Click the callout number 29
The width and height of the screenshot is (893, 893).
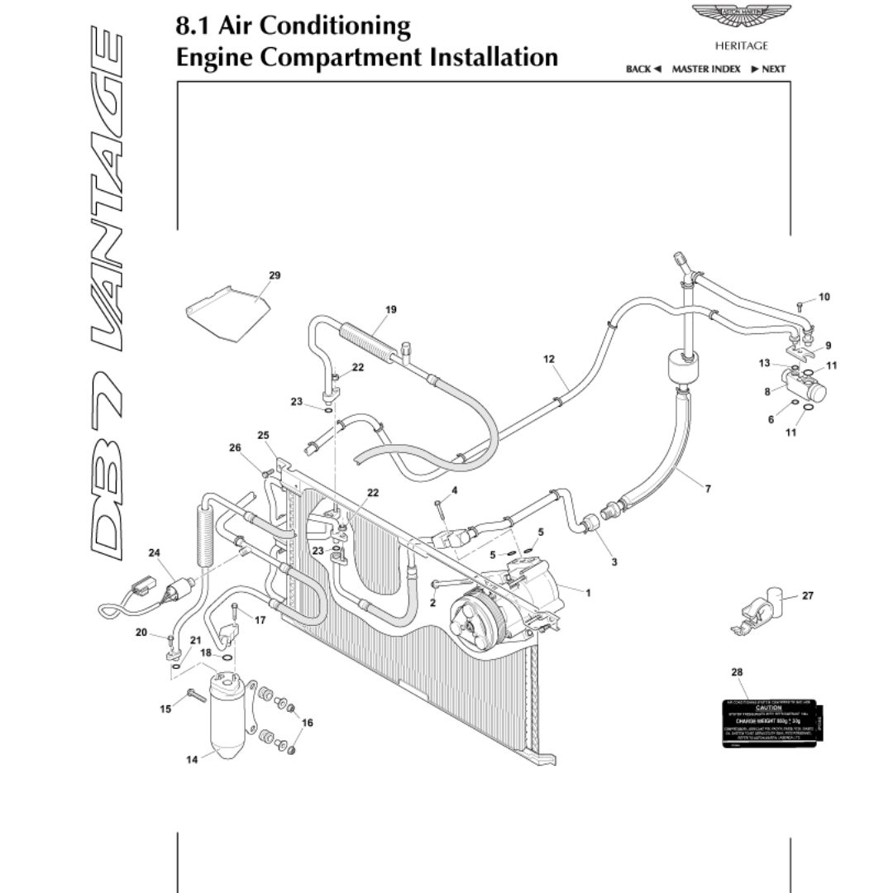pos(275,275)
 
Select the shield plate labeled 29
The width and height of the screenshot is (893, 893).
pos(227,313)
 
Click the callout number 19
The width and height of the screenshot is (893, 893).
pos(390,310)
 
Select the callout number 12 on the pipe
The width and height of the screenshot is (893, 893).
pos(549,360)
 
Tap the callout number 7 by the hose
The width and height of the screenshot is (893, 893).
pos(708,489)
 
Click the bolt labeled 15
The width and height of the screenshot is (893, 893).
pos(195,695)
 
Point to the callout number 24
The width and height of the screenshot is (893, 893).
pos(154,552)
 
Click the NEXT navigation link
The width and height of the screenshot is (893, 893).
pos(768,69)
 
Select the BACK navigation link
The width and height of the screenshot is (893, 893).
pos(643,69)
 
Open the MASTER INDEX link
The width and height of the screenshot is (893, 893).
pos(705,69)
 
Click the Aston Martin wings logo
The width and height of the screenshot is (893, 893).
pos(740,17)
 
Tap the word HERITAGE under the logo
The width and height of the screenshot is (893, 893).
pos(741,46)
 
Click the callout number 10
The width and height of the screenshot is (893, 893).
pos(824,297)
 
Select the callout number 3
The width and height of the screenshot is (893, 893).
pos(614,562)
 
